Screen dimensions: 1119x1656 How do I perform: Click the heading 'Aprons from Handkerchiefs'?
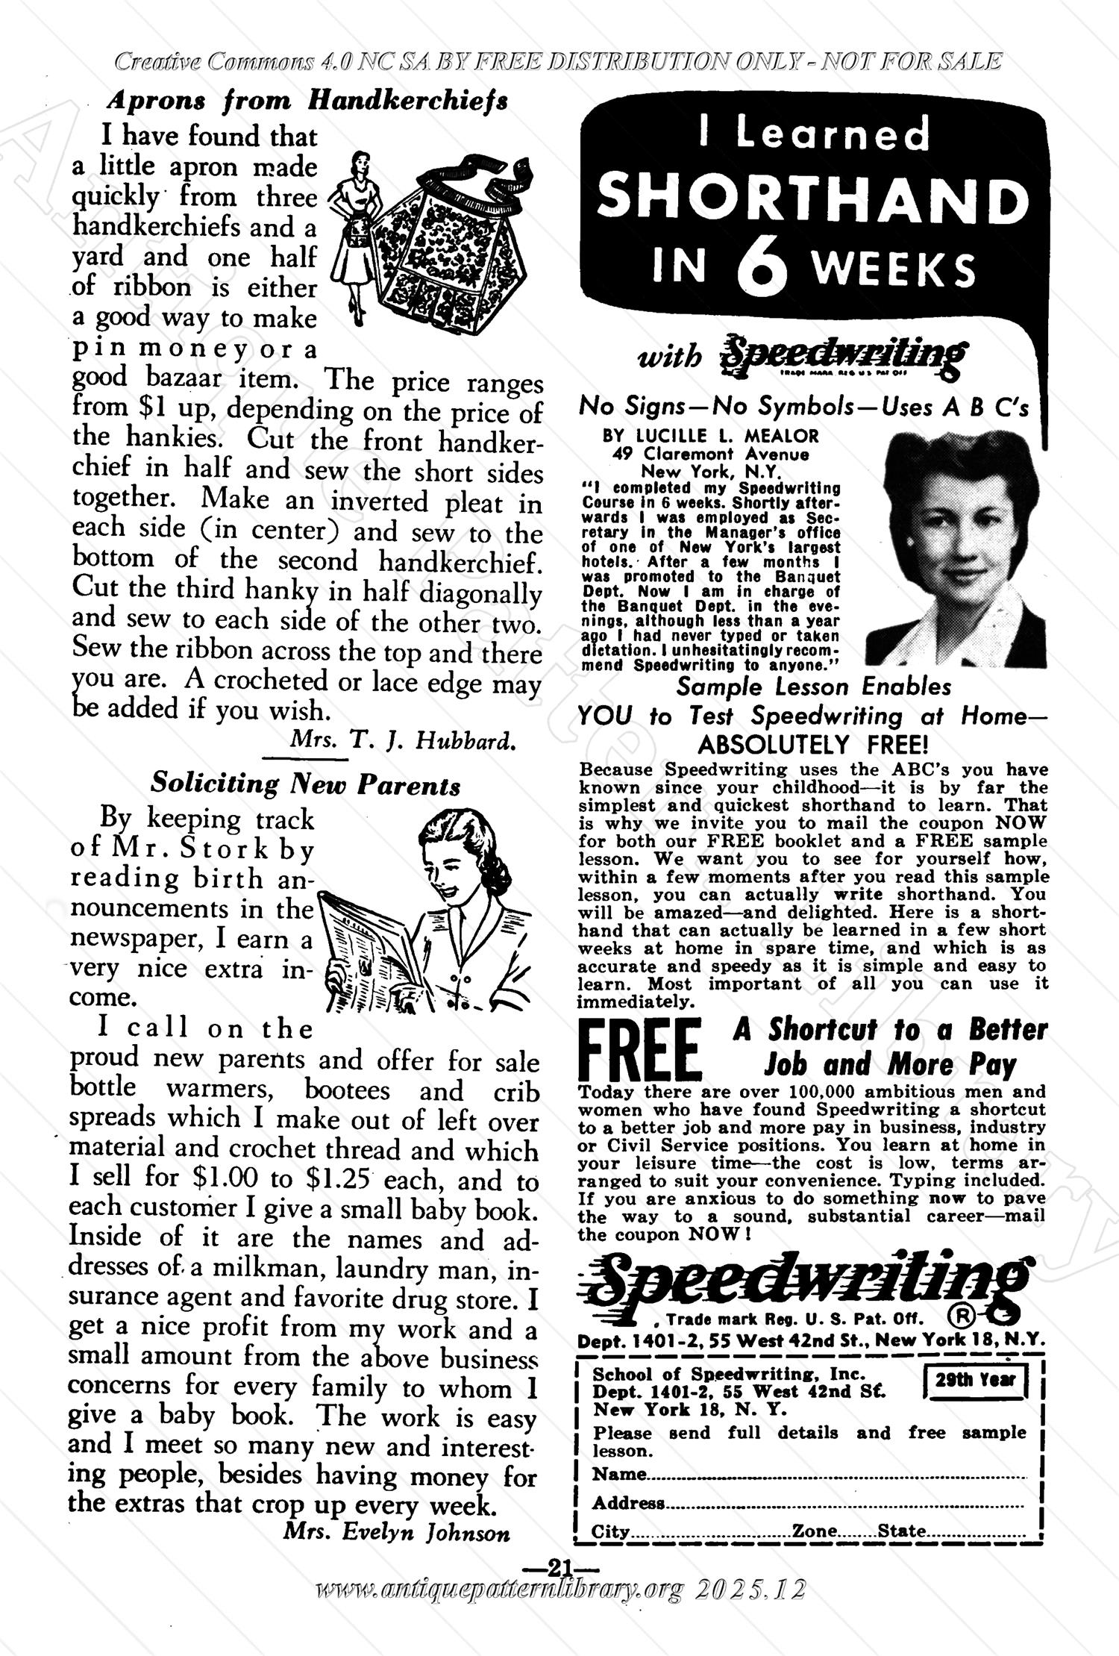tap(307, 99)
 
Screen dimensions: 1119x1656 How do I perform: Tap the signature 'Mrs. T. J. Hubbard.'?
tap(402, 740)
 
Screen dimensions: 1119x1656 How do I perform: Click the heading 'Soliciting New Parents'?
tap(306, 784)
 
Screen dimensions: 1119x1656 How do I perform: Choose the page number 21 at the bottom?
tap(559, 1566)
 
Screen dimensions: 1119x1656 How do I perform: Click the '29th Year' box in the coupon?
tap(975, 1379)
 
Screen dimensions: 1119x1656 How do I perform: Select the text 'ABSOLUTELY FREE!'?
tap(812, 744)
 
